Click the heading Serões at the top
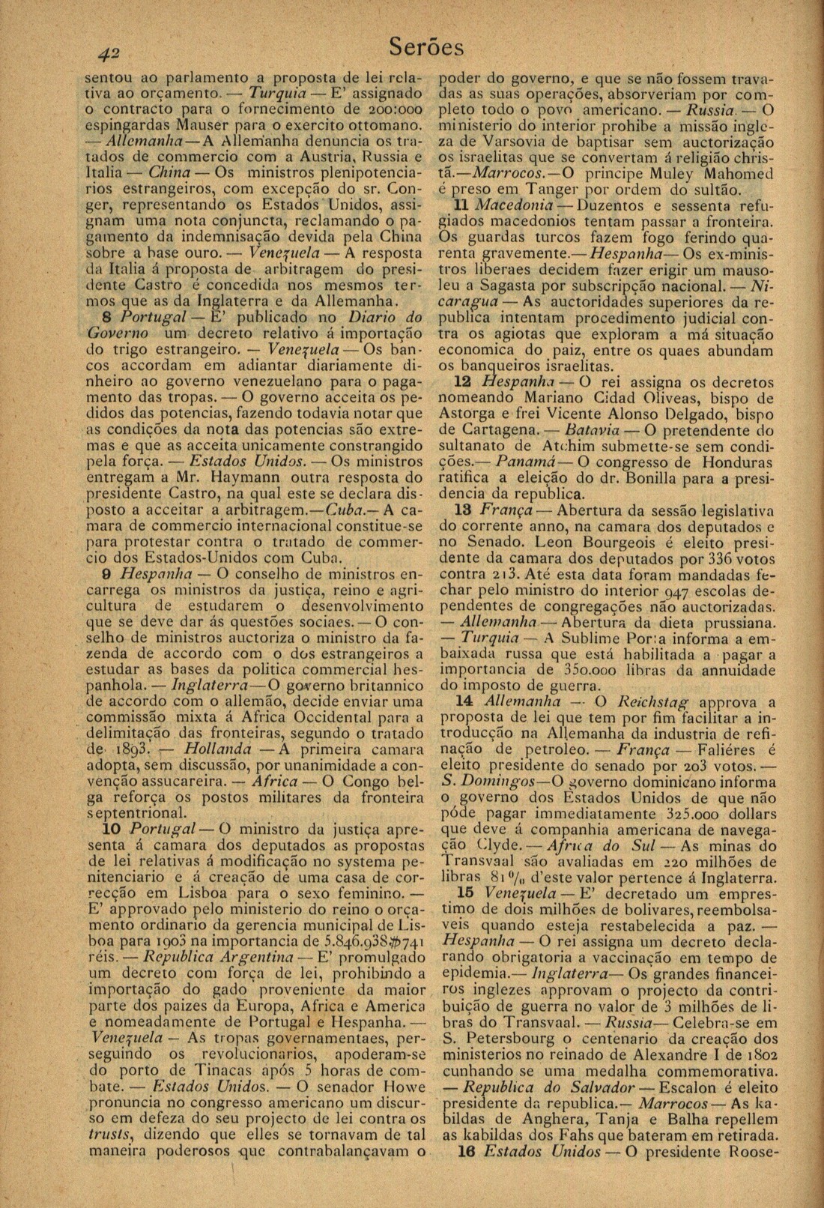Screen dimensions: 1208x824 click(x=427, y=47)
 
